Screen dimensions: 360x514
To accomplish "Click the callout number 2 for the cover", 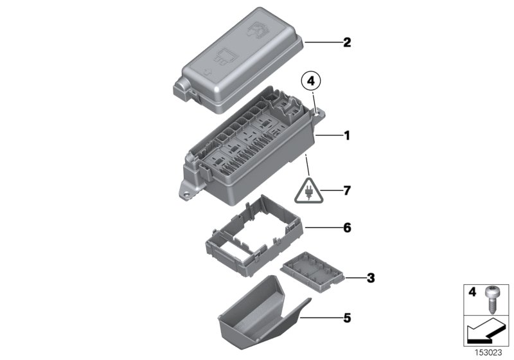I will tap(347, 43).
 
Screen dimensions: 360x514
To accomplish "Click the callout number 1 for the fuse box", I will tap(347, 136).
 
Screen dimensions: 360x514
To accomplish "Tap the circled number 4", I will tap(311, 82).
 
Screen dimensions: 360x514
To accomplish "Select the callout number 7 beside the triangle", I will tap(347, 191).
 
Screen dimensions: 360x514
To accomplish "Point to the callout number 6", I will tap(347, 228).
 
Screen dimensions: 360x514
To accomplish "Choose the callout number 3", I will tap(370, 278).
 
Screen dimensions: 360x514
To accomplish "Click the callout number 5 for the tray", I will tap(347, 317).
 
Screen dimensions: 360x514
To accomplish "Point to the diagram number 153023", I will tap(489, 352).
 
